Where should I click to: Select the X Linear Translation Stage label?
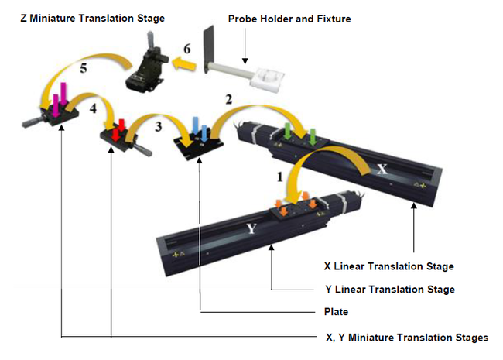click(388, 266)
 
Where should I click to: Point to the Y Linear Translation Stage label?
click(388, 290)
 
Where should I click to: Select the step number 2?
click(227, 98)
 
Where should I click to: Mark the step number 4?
click(92, 109)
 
